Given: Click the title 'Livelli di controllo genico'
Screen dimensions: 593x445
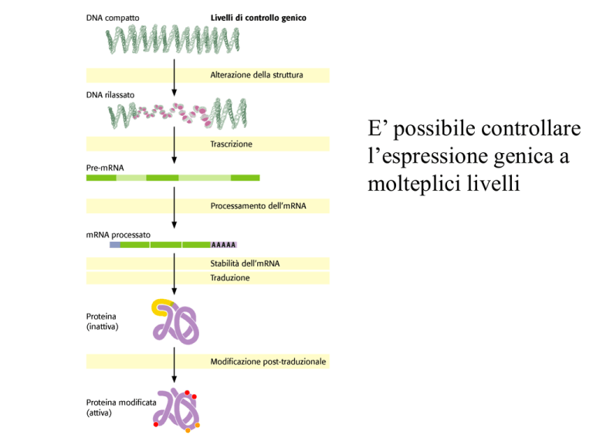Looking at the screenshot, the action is (259, 18).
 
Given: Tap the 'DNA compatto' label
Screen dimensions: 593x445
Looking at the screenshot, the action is (113, 19).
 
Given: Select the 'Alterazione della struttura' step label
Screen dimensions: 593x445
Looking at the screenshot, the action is (257, 75).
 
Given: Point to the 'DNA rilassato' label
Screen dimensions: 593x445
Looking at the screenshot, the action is (110, 95).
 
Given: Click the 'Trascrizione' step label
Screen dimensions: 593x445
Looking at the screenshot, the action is (231, 144).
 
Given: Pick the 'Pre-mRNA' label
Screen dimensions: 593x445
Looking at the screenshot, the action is (105, 168).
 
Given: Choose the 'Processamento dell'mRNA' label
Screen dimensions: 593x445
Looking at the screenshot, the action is (259, 206).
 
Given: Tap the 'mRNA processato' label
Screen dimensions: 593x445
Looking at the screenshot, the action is (118, 235).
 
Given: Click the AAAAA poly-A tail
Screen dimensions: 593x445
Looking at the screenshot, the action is (223, 245).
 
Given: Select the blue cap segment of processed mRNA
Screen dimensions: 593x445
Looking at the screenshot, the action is (115, 245).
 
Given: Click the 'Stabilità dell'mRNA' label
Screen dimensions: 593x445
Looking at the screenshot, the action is (245, 263).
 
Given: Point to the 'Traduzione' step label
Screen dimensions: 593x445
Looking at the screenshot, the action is (230, 278).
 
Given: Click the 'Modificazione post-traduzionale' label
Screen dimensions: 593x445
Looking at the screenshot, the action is (268, 362).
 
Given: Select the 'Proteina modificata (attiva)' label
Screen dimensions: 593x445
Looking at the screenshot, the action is (121, 408).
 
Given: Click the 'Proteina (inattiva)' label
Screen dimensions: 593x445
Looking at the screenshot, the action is (102, 321).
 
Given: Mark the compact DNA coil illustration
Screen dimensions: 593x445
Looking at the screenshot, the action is (172, 39).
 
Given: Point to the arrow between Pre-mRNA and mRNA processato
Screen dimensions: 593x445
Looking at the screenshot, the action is (175, 207).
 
